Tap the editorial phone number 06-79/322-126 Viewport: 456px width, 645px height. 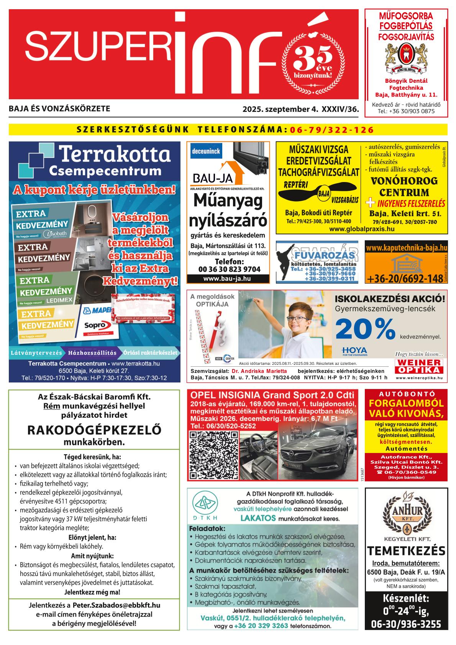click(332, 130)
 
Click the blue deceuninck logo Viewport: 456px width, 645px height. click(205, 151)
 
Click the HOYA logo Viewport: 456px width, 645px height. click(354, 350)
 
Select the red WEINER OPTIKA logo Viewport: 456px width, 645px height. click(419, 366)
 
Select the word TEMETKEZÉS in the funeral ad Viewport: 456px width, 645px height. click(406, 551)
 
